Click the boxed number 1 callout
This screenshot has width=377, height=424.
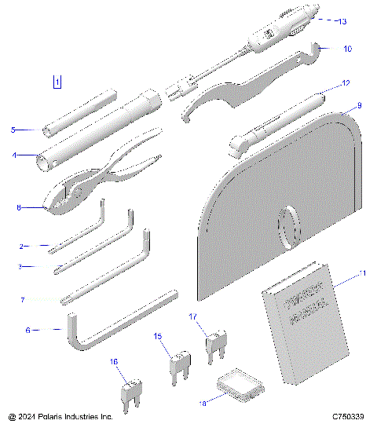[57, 81]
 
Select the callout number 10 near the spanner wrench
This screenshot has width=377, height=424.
[348, 48]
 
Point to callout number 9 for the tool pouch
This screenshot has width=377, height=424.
[359, 105]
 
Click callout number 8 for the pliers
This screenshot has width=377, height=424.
[19, 207]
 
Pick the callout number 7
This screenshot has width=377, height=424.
[23, 300]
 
